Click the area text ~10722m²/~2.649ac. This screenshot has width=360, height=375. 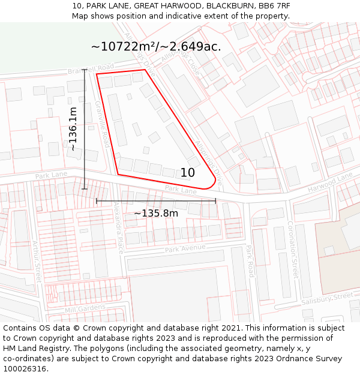pyautogui.click(x=156, y=46)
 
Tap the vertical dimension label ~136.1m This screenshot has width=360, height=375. pyautogui.click(x=73, y=128)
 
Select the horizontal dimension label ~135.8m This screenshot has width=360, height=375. pyautogui.click(x=155, y=213)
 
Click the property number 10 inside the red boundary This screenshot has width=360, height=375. pyautogui.click(x=187, y=173)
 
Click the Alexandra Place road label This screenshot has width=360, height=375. pyautogui.click(x=119, y=227)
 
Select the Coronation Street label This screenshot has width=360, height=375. pyautogui.click(x=292, y=248)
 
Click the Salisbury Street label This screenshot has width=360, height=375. pyautogui.click(x=327, y=298)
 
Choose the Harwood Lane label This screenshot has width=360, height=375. pyautogui.click(x=330, y=183)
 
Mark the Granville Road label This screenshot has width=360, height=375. pyautogui.click(x=102, y=124)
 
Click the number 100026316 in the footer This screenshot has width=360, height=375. pyautogui.click(x=25, y=368)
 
